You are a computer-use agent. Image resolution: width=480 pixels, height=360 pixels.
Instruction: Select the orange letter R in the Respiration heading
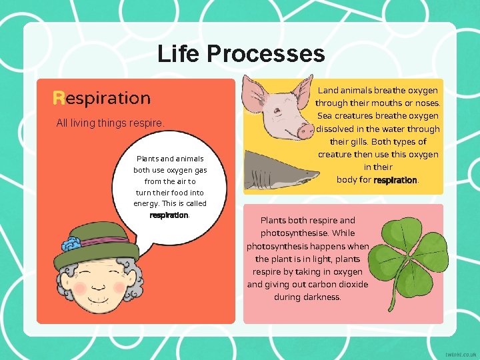coord(59,99)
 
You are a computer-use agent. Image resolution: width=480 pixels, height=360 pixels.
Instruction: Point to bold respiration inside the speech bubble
coord(169,215)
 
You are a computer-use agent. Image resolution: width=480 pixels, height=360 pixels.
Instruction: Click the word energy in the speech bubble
coord(146,204)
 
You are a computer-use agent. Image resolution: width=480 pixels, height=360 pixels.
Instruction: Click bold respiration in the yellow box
coord(395,180)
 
